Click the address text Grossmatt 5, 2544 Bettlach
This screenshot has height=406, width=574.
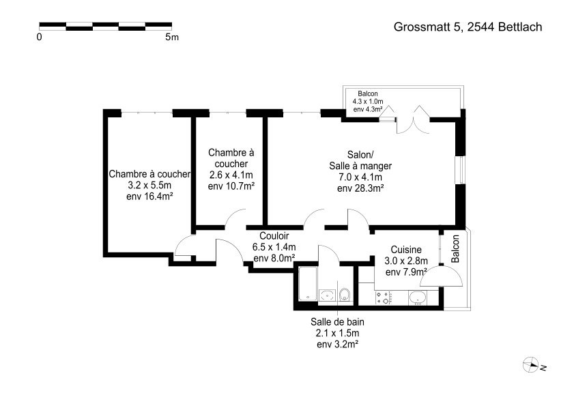[468, 27]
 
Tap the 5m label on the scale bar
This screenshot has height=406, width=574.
[172, 37]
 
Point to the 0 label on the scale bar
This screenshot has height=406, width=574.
[39, 37]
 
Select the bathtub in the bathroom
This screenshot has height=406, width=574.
[308, 284]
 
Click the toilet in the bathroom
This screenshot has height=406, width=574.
[345, 295]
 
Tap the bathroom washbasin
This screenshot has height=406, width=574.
[327, 295]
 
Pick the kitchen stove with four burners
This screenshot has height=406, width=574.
[385, 298]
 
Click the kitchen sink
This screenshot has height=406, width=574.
[417, 298]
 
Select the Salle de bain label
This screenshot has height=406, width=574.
[338, 322]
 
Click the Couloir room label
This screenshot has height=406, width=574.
[274, 236]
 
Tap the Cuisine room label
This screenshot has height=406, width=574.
[406, 250]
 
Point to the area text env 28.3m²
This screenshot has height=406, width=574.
[360, 188]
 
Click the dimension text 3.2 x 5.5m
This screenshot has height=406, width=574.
[149, 185]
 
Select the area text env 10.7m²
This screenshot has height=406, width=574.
[231, 186]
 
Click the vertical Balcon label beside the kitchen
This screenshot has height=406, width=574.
[455, 249]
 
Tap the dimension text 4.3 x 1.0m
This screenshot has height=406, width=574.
[368, 102]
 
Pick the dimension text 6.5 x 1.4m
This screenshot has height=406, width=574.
[274, 247]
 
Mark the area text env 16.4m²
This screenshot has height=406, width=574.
[149, 197]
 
